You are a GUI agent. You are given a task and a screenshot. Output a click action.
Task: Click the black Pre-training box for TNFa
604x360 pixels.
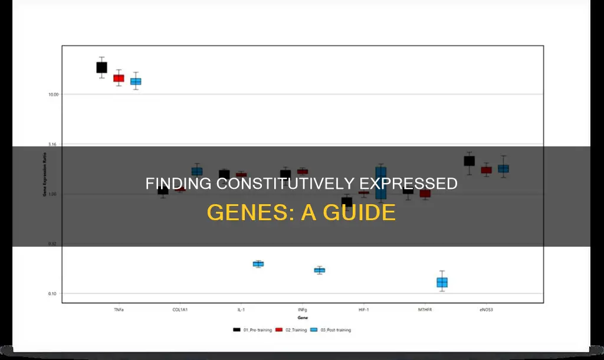(x=101, y=67)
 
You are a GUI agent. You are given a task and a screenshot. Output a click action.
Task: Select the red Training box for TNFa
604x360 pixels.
(x=119, y=78)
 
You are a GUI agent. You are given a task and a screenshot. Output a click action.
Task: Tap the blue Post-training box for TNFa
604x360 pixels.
(x=136, y=81)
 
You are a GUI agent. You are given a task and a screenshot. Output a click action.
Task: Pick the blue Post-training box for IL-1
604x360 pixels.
(x=258, y=264)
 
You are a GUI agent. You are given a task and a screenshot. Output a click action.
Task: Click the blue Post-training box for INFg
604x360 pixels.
(x=319, y=270)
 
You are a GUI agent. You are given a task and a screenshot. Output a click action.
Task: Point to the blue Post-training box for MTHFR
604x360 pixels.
(x=442, y=282)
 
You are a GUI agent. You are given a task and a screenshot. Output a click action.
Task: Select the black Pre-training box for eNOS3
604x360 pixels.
(x=469, y=161)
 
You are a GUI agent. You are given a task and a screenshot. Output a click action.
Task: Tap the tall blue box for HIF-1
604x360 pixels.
(x=380, y=183)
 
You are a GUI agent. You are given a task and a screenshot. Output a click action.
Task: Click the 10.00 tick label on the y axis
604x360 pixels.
(x=52, y=94)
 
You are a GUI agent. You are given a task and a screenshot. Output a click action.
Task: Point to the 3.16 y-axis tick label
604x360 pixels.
(x=53, y=145)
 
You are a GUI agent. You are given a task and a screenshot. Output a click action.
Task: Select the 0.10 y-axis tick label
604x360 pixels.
(x=52, y=294)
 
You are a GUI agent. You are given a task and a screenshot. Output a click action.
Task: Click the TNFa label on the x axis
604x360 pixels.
(x=118, y=309)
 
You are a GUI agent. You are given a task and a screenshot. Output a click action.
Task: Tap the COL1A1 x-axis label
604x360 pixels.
(x=180, y=309)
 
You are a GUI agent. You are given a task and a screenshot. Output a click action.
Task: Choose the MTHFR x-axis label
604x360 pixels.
(x=425, y=309)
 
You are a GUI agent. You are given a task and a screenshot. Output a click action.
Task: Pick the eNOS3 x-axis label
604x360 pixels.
(x=486, y=309)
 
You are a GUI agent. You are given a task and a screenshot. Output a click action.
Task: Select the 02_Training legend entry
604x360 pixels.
(x=294, y=330)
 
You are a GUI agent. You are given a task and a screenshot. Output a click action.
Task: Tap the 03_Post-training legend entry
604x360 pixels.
(x=334, y=330)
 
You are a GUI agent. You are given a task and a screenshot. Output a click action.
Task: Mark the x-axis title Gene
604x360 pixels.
(x=302, y=318)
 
